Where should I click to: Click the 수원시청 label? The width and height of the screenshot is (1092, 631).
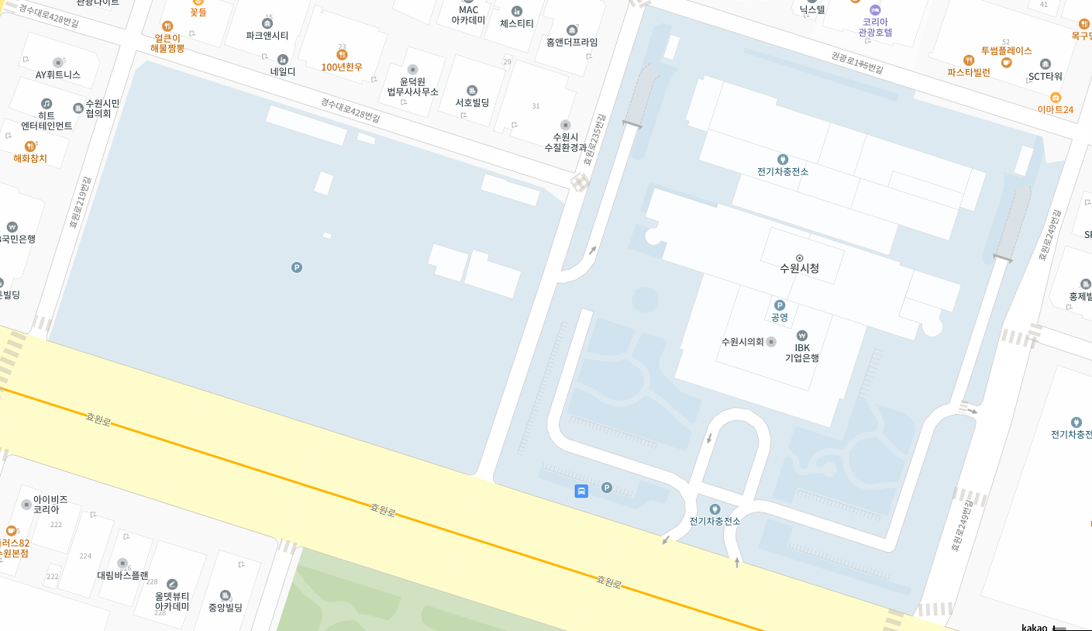(x=799, y=268)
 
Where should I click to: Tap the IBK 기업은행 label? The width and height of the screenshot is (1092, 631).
(x=801, y=353)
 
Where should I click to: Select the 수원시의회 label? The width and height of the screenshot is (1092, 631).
(x=742, y=342)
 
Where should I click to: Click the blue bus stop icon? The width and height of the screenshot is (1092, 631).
(x=581, y=491)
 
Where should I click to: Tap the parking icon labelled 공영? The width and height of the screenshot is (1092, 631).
(x=780, y=305)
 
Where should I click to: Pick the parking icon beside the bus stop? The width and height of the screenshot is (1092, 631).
(x=607, y=488)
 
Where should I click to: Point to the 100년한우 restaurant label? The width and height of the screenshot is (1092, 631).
(x=342, y=67)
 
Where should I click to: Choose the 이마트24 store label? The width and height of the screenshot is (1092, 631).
(x=1056, y=109)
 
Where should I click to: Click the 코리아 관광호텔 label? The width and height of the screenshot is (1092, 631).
(x=875, y=27)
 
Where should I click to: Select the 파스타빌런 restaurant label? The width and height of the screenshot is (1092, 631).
(x=969, y=72)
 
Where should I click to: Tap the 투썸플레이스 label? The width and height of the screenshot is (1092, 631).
(x=1006, y=50)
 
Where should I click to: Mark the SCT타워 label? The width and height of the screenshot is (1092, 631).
(x=1045, y=76)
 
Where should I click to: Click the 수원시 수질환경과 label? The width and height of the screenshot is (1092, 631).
(x=565, y=142)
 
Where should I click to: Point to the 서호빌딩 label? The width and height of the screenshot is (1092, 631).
(x=472, y=102)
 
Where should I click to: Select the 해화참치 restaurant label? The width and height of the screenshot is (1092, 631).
(x=30, y=158)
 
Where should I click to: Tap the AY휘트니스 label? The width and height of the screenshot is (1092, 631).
(x=58, y=74)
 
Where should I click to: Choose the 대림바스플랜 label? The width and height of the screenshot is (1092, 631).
(x=122, y=575)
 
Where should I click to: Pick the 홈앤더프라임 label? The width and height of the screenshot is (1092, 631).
(x=572, y=42)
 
